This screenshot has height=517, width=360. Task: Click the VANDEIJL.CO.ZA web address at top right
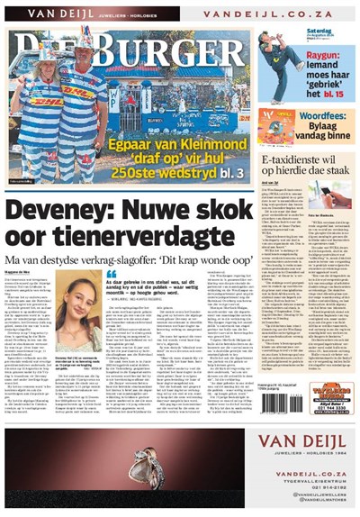(269, 15)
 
